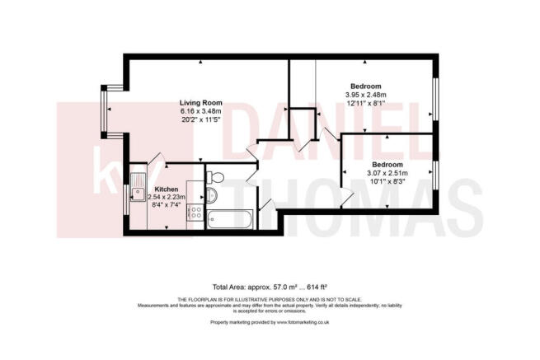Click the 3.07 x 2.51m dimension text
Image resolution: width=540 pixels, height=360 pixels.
[387, 172]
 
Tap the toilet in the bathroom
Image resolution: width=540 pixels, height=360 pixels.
[215, 176]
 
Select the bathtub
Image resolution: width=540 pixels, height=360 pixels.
[223, 218]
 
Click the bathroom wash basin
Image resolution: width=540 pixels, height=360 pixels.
[209, 195]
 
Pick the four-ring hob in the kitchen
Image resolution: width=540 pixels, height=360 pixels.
[196, 213]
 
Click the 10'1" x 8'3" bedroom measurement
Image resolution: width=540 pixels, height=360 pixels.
[387, 181]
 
